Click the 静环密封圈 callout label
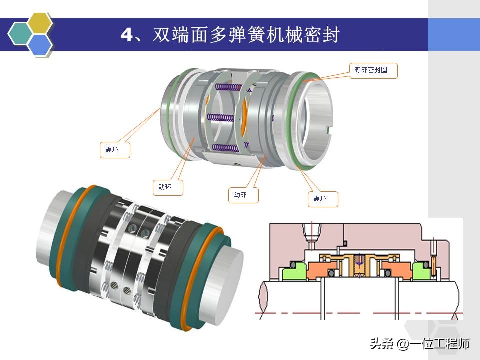click(370, 71)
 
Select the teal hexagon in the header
click(21, 34)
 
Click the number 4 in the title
click(126, 35)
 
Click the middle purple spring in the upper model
click(220, 118)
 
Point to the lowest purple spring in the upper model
click(222, 147)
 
